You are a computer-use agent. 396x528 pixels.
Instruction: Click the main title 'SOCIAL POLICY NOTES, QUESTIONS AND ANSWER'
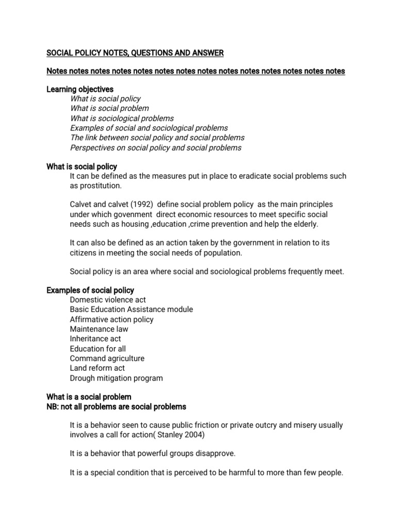click(x=135, y=53)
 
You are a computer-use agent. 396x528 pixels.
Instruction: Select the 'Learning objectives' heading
click(x=80, y=89)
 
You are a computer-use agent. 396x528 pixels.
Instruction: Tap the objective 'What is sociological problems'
click(x=122, y=118)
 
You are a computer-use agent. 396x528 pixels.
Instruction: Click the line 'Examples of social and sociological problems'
click(x=148, y=128)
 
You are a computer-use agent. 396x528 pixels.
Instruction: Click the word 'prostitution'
click(x=101, y=186)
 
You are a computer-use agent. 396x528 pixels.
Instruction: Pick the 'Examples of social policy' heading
click(x=90, y=290)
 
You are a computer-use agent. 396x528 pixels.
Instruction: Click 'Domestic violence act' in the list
click(x=108, y=300)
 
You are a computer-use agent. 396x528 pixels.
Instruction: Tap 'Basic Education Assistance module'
click(x=131, y=309)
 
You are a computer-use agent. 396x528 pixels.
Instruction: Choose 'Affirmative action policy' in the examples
click(x=112, y=319)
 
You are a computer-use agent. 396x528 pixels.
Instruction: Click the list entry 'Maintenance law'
click(x=99, y=329)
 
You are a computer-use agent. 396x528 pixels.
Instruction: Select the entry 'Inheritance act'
click(x=95, y=339)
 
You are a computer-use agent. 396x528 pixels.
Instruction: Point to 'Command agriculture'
click(x=107, y=358)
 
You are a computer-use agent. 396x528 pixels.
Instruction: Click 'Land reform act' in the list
click(x=97, y=368)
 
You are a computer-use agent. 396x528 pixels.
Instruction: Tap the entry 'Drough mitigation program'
click(x=116, y=378)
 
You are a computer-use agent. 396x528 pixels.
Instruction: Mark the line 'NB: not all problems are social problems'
click(x=116, y=407)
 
